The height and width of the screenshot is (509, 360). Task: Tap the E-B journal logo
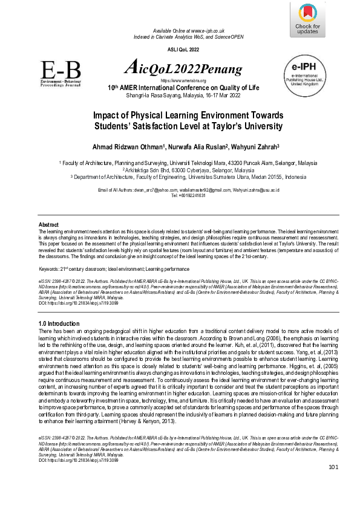pos(60,73)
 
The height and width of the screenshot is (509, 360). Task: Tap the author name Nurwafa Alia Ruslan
pos(193,146)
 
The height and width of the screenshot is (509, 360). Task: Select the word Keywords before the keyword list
pos(49,267)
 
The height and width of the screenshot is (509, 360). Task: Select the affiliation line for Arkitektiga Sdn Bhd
pos(180,170)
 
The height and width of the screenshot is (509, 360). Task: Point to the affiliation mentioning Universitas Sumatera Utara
pos(180,177)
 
